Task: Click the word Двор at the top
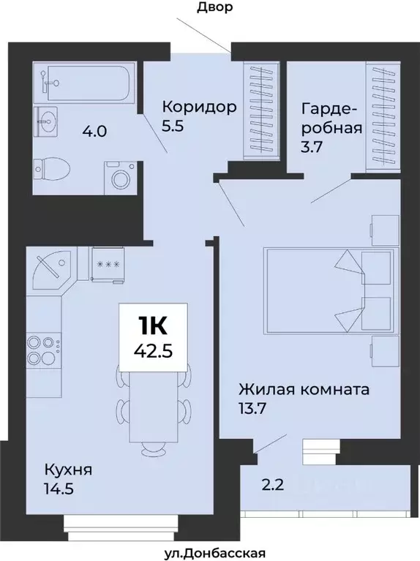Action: click(215, 8)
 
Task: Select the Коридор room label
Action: click(199, 108)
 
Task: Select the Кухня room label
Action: click(67, 469)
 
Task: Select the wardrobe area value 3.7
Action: click(312, 146)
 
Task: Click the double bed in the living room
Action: click(329, 290)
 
